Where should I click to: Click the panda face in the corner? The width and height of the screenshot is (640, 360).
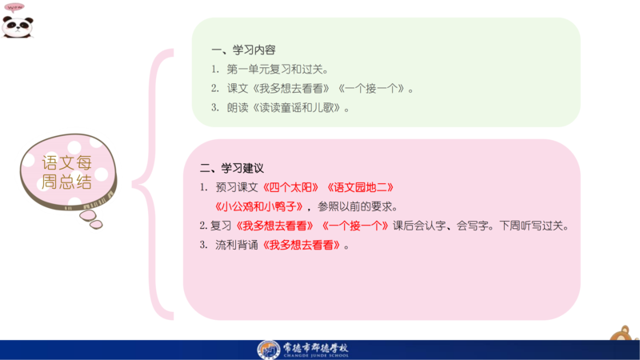tap(18, 27)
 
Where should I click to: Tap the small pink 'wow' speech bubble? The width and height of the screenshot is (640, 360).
tap(14, 7)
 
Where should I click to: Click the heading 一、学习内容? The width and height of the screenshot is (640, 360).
tap(243, 50)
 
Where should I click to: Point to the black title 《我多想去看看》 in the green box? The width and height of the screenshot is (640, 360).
tap(290, 89)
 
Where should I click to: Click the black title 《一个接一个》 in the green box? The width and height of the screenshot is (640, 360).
tap(371, 89)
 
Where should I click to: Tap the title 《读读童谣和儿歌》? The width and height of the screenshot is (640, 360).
tap(296, 108)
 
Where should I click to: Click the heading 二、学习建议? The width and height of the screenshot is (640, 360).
tap(232, 168)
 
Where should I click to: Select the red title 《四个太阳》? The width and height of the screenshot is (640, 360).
tap(290, 187)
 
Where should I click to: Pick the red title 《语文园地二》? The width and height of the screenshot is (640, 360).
tap(360, 187)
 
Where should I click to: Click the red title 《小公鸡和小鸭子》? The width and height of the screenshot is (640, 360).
tap(258, 206)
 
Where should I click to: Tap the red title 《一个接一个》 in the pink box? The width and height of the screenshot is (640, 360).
tap(354, 226)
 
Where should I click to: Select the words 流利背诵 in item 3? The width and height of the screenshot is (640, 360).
tap(236, 245)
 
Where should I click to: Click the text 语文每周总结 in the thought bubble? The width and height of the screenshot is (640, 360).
tap(66, 172)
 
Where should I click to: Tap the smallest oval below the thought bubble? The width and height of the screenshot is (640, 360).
tap(96, 224)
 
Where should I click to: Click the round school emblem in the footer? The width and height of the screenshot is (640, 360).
tap(268, 350)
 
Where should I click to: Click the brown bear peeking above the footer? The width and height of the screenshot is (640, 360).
tap(623, 333)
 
